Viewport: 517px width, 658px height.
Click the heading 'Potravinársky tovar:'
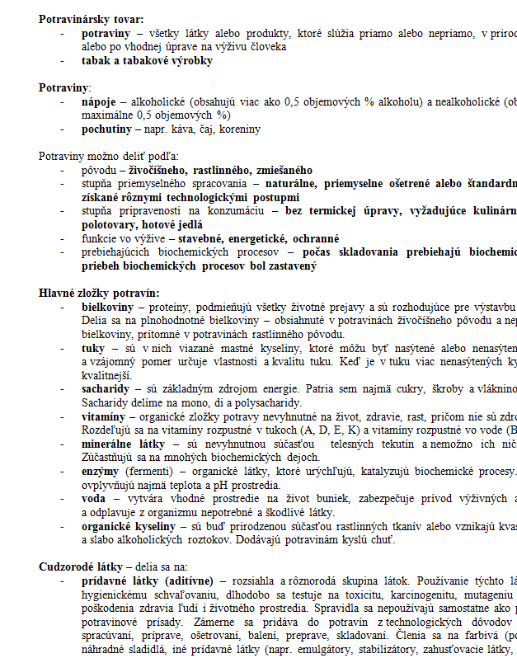[x=91, y=19]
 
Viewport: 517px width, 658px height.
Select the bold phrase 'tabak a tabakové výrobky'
[x=147, y=61]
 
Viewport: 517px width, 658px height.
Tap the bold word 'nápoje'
[x=101, y=101]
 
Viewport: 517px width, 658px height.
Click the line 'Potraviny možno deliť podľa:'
[x=108, y=156]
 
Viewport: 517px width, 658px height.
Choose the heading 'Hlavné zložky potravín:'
[x=99, y=293]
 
